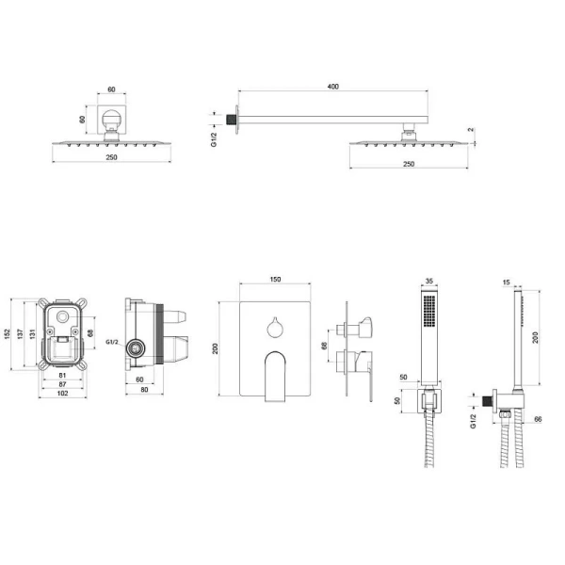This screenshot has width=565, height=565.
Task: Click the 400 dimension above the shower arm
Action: [x=333, y=87]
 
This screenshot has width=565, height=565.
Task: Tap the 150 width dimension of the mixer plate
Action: [x=275, y=280]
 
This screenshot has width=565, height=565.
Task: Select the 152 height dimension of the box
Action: [x=8, y=334]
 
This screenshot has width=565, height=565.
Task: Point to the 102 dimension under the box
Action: [x=62, y=393]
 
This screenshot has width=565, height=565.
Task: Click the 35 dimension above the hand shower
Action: [x=429, y=281]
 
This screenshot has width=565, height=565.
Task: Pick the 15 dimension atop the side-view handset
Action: [x=507, y=282]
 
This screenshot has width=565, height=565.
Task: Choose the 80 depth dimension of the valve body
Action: [x=144, y=390]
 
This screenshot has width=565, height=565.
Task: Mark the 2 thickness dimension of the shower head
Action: [x=472, y=130]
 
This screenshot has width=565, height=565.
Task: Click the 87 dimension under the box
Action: [x=62, y=384]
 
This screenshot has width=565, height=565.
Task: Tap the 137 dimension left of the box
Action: [x=20, y=333]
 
